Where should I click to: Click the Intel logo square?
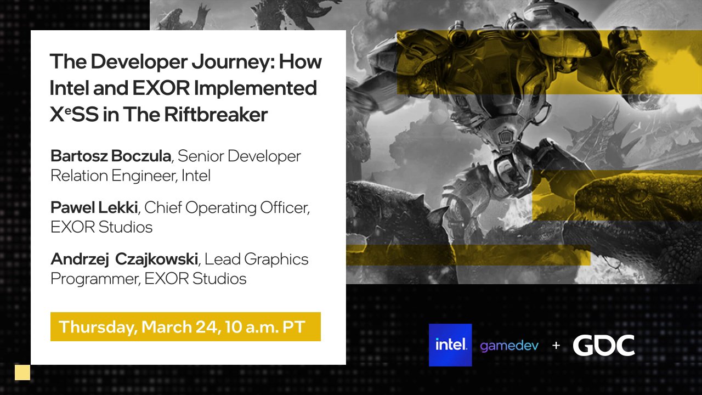450,345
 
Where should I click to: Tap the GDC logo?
604,346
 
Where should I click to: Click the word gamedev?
509,346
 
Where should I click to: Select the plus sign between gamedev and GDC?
556,346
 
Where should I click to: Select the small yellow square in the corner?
22,373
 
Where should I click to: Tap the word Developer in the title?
140,61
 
